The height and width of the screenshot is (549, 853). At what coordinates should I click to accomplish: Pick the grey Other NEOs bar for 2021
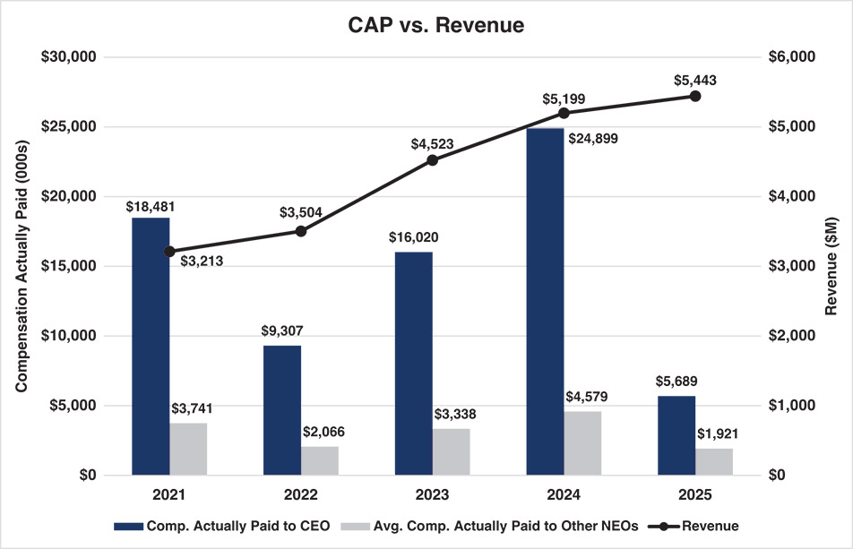click(x=188, y=449)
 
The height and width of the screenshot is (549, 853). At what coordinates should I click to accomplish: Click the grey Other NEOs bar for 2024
click(x=583, y=443)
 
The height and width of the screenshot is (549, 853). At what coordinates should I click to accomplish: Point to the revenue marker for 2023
click(x=432, y=160)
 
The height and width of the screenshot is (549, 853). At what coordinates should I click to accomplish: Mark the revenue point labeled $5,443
click(x=695, y=96)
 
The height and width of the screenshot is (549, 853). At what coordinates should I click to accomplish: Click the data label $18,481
click(x=150, y=205)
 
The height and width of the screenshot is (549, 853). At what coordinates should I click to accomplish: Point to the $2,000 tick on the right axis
click(x=792, y=336)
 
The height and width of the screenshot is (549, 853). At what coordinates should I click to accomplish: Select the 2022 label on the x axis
click(x=300, y=493)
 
